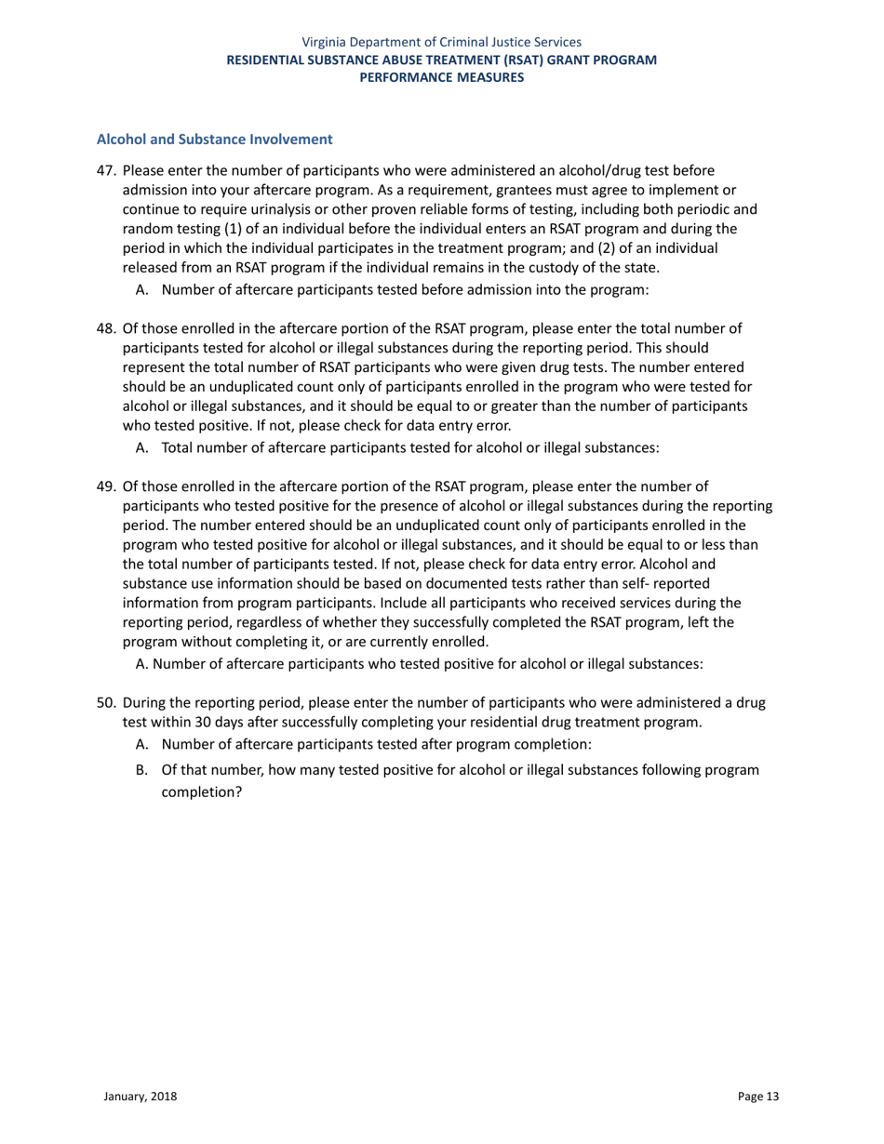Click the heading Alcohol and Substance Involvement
(215, 140)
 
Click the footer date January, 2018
(140, 1097)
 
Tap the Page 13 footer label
(758, 1097)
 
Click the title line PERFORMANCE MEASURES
(442, 78)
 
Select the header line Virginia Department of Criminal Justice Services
(442, 42)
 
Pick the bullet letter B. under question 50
(142, 770)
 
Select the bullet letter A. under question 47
(142, 290)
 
